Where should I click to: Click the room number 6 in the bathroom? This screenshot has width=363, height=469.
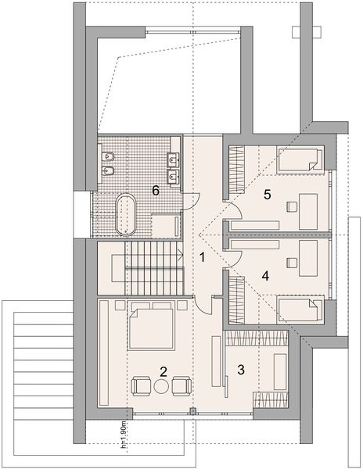[156, 189]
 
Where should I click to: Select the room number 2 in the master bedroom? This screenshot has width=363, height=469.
[163, 371]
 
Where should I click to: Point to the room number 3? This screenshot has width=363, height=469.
[243, 369]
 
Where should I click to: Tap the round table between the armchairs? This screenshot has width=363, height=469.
[162, 385]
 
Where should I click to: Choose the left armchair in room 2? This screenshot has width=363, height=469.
[142, 385]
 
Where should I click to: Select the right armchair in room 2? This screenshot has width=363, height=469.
[181, 385]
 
